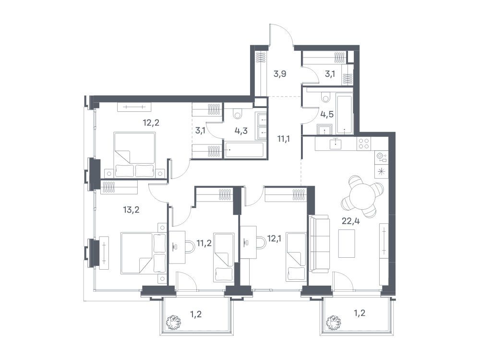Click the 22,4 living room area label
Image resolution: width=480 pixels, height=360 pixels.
pyautogui.click(x=350, y=221)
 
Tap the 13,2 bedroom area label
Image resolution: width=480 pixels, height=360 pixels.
pyautogui.click(x=132, y=210)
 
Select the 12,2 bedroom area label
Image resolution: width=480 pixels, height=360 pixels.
pyautogui.click(x=151, y=123)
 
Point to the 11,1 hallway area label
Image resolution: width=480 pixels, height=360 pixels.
pyautogui.click(x=284, y=139)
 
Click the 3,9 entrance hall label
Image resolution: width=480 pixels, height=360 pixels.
pyautogui.click(x=279, y=74)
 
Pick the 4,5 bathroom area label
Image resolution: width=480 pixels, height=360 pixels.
pyautogui.click(x=327, y=115)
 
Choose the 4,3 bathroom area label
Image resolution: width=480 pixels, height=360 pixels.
pyautogui.click(x=241, y=131)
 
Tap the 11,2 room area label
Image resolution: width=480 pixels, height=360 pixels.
pyautogui.click(x=204, y=243)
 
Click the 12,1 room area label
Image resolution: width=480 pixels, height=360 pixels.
pyautogui.click(x=275, y=238)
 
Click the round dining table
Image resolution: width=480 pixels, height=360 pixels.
pyautogui.click(x=362, y=196)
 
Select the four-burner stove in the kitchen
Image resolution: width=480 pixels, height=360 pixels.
pyautogui.click(x=364, y=143)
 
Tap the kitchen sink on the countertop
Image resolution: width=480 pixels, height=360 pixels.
pyautogui.click(x=336, y=144)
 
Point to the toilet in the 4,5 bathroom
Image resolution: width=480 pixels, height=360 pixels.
pyautogui.click(x=326, y=97)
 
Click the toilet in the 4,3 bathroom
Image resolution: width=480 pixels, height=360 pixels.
pyautogui.click(x=237, y=115)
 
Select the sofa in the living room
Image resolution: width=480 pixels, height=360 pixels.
pyautogui.click(x=319, y=244)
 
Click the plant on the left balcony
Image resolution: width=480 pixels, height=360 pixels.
pyautogui.click(x=173, y=322)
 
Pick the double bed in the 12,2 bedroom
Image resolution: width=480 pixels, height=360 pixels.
pyautogui.click(x=134, y=155)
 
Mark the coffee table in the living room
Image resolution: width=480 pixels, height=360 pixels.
pyautogui.click(x=347, y=244)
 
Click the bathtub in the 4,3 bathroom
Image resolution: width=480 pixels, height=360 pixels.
pyautogui.click(x=244, y=150)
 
